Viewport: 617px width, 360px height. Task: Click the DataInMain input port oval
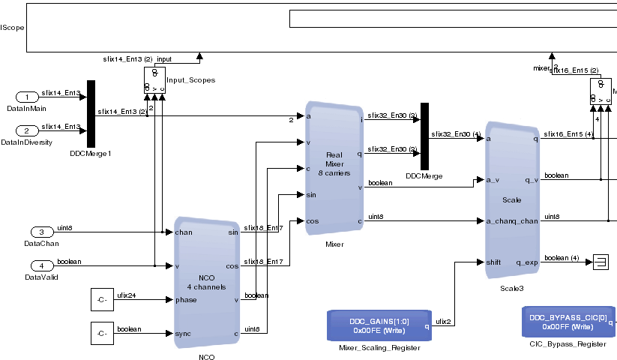27,97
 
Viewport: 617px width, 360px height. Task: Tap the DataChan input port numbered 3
41,232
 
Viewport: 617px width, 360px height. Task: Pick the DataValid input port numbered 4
41,265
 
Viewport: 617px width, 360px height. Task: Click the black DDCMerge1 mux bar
91,113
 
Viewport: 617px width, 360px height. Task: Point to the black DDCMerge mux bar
424,136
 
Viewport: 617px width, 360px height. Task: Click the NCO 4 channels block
206,282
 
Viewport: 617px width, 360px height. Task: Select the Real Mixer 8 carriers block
334,168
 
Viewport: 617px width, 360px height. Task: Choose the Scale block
512,200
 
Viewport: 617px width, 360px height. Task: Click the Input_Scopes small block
154,79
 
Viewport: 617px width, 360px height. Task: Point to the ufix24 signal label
126,295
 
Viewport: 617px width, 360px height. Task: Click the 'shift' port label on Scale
493,262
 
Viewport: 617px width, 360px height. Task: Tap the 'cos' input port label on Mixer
313,220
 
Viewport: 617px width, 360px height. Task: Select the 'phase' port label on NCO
186,300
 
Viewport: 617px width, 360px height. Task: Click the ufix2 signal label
443,321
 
